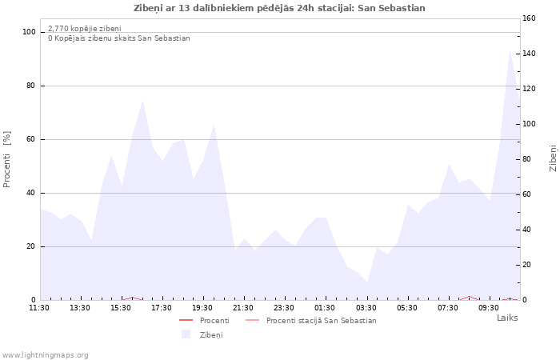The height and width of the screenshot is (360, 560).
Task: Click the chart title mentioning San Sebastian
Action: [x=279, y=8]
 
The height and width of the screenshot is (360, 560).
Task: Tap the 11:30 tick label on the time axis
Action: [x=39, y=308]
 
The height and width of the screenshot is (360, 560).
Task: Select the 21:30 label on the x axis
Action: [x=243, y=308]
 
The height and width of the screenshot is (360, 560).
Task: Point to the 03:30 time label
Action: [x=366, y=308]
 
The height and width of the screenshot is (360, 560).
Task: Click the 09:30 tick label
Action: [x=489, y=308]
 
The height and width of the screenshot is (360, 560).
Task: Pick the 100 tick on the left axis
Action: [x=29, y=32]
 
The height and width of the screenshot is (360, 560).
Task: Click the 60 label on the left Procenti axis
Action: [x=30, y=139]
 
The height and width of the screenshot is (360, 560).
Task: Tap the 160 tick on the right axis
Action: [x=529, y=18]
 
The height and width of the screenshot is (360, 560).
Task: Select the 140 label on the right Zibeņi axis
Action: [x=529, y=54]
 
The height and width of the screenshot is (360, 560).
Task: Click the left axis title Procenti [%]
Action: [x=6, y=159]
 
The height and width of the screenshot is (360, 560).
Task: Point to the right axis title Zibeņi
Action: [x=553, y=158]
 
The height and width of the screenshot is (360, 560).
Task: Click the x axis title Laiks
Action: [x=507, y=318]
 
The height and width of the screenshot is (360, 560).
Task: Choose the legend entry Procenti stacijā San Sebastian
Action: [x=321, y=321]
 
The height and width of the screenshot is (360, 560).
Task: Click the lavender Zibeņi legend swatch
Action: [x=186, y=334]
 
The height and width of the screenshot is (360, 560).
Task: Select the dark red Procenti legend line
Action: [x=186, y=320]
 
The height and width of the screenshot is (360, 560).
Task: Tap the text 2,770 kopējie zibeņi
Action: [x=85, y=29]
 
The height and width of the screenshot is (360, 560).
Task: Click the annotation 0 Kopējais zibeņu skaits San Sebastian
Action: [x=119, y=38]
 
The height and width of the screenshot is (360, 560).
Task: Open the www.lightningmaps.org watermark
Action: [x=45, y=355]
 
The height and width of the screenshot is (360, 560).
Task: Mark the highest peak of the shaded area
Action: [x=510, y=50]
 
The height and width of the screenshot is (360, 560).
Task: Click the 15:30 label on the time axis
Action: [x=121, y=308]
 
